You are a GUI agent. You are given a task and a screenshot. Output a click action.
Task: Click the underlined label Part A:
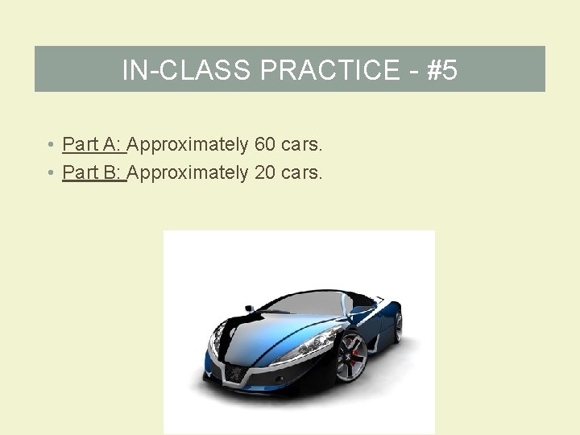point(92,145)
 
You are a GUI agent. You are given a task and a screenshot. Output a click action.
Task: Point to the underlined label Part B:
point(92,172)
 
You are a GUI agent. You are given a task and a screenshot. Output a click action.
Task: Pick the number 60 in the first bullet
point(264,145)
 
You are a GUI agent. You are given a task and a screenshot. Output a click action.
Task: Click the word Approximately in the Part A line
point(188,145)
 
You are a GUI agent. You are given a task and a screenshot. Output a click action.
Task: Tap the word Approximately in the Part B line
point(188,172)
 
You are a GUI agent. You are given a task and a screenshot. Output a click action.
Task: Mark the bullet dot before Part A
point(50,146)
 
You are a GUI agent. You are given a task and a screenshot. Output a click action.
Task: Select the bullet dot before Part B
point(50,173)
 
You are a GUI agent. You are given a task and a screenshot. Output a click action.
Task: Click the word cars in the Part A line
point(301,145)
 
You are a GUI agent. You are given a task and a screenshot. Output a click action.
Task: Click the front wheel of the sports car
point(352,355)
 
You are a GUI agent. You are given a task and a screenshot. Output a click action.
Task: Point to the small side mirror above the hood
point(249,308)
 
